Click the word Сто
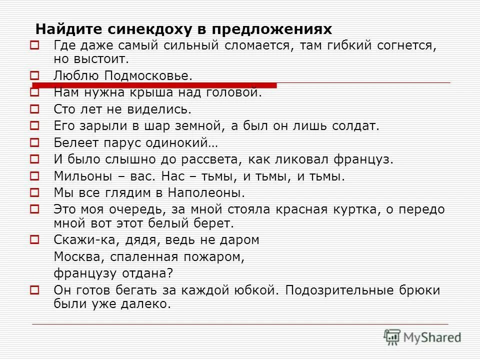point(64,109)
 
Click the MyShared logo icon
point(392,337)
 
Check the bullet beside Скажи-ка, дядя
point(34,239)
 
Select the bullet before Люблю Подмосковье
point(34,76)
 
